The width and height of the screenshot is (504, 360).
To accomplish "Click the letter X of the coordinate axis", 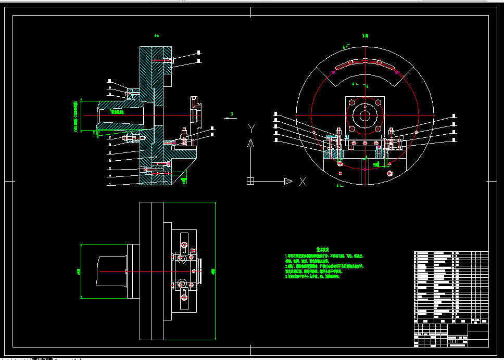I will pyautogui.click(x=303, y=182).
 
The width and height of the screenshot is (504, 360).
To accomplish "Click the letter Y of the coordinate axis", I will pyautogui.click(x=251, y=127).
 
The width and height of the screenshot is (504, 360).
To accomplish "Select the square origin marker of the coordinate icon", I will pyautogui.click(x=250, y=181).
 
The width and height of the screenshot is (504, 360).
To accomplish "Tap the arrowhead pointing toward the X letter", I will pyautogui.click(x=288, y=181).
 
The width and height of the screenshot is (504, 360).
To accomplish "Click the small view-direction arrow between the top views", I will pyautogui.click(x=229, y=118).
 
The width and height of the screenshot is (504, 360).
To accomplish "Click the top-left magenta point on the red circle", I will pyautogui.click(x=333, y=72).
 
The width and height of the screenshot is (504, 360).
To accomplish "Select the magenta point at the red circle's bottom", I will pyautogui.click(x=365, y=170).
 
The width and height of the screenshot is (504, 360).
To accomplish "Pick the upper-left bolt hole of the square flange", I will pyautogui.click(x=352, y=102).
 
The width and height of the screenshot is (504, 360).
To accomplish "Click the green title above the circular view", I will pyautogui.click(x=365, y=36).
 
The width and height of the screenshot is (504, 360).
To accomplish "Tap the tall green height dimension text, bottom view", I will pyautogui.click(x=213, y=271).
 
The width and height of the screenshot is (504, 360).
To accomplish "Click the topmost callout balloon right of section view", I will pyautogui.click(x=199, y=53).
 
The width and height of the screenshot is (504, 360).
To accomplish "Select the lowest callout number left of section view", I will pyautogui.click(x=110, y=184).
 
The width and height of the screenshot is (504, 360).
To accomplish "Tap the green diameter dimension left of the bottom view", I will pyautogui.click(x=79, y=271).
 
